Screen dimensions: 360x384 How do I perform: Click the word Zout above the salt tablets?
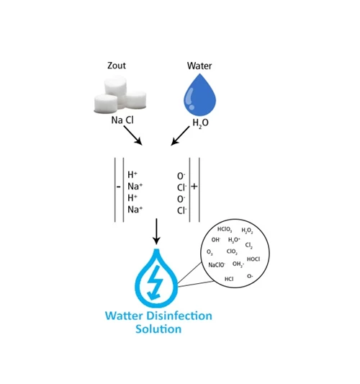117,66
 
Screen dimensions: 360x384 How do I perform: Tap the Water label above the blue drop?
199,66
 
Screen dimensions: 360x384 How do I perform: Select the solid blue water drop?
199,95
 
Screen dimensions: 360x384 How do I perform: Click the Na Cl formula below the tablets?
122,120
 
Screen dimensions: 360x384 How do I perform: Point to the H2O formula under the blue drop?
200,123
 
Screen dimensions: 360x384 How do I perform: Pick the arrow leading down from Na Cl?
132,135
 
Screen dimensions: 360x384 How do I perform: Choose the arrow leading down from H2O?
180,136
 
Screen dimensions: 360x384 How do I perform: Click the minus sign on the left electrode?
119,187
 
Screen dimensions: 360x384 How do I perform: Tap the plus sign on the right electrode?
194,187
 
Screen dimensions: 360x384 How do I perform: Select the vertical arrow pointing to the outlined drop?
156,231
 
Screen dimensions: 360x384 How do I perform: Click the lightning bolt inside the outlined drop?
155,282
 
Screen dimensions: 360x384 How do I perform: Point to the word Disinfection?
180,316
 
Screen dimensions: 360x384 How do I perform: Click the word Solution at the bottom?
158,329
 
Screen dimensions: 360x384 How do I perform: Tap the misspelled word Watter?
125,316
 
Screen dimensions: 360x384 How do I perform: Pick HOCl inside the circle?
253,259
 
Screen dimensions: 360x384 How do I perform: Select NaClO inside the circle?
217,264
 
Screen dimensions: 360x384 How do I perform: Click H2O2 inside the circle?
247,231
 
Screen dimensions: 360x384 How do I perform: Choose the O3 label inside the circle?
210,252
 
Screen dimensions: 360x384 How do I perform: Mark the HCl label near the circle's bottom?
229,279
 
